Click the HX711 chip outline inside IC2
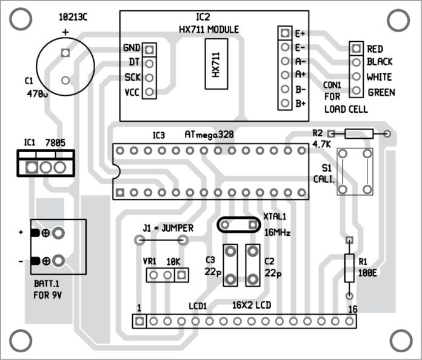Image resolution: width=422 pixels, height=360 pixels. coord(216,64)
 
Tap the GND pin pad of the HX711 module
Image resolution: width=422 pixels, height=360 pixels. coord(150,48)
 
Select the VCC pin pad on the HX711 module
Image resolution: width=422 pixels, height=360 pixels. coord(150,92)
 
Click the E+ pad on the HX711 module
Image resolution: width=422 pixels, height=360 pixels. coord(284,32)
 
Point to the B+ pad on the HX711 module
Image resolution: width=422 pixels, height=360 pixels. coord(284,103)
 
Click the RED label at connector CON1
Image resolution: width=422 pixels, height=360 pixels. coord(379,48)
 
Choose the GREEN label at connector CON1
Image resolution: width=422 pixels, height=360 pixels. coord(381,93)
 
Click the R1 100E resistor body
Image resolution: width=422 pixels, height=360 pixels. coord(349,268)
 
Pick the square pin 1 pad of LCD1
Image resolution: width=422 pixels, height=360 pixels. coord(139,321)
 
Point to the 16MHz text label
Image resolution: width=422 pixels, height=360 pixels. coord(277,231)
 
